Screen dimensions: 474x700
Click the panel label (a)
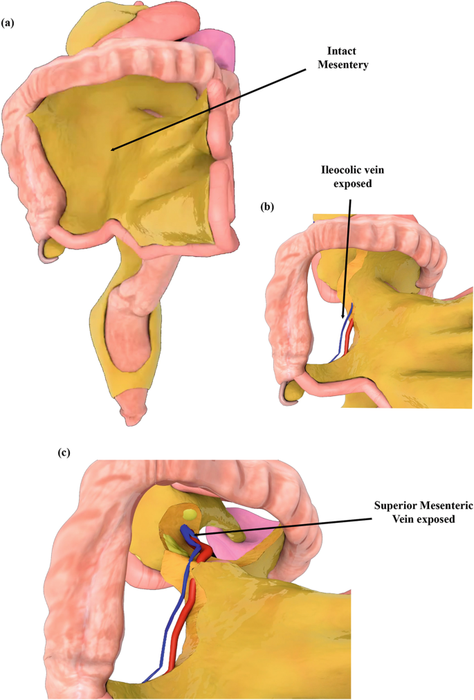[9, 23]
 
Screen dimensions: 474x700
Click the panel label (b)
[268, 207]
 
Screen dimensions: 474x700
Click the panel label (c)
[64, 453]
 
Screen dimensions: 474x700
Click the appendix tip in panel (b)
[288, 396]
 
